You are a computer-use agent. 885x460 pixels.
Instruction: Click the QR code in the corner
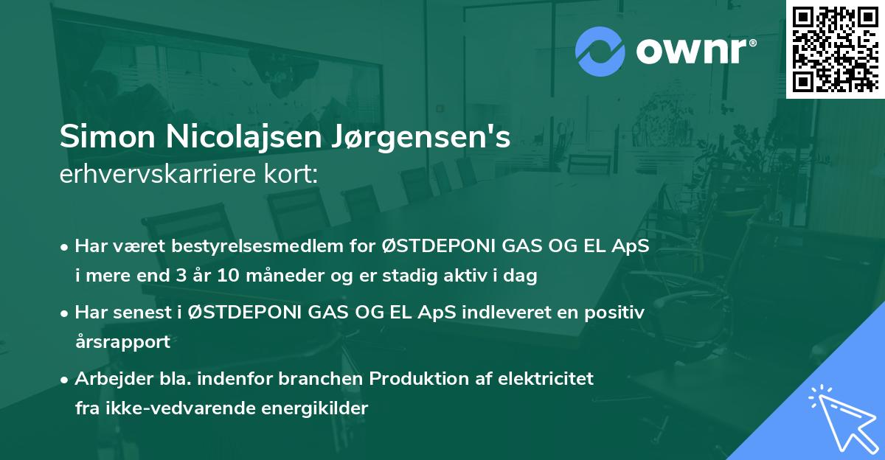[x=835, y=49]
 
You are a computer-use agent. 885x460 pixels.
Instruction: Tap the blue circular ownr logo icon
[x=600, y=50]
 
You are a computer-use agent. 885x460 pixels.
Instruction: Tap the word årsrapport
[x=122, y=342]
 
